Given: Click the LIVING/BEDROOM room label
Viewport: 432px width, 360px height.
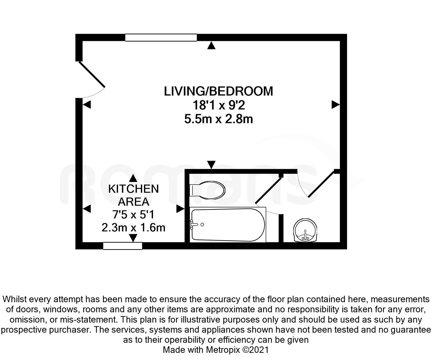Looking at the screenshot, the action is [x=219, y=91].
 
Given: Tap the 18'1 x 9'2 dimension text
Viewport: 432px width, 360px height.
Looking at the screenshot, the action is [x=219, y=105].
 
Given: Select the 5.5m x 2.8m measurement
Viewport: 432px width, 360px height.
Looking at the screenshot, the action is [x=219, y=119].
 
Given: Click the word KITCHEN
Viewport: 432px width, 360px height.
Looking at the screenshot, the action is [x=133, y=189].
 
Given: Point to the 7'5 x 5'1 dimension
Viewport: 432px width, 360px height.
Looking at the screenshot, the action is [x=133, y=215].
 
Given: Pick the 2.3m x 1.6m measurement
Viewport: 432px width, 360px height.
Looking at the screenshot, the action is [x=133, y=228].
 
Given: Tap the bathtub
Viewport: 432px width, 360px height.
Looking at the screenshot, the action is [x=228, y=225].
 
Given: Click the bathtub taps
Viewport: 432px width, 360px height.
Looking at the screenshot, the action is [x=194, y=225].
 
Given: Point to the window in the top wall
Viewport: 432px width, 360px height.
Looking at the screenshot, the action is [x=161, y=38].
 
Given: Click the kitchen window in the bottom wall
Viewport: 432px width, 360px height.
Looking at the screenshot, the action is [x=123, y=246].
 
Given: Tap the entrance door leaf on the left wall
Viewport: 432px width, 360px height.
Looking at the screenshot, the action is [x=92, y=74].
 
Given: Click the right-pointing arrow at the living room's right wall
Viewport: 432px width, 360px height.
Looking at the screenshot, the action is [x=336, y=105].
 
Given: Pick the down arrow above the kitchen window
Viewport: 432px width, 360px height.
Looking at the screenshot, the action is [x=133, y=238].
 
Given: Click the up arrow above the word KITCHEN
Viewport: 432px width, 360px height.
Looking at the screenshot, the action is [x=133, y=178].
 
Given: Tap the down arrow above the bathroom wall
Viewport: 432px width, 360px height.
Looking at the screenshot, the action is [x=211, y=165].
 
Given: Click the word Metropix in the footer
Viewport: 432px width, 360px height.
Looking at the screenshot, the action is [x=223, y=350].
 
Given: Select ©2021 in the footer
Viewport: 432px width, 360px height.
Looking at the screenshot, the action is [x=255, y=350].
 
